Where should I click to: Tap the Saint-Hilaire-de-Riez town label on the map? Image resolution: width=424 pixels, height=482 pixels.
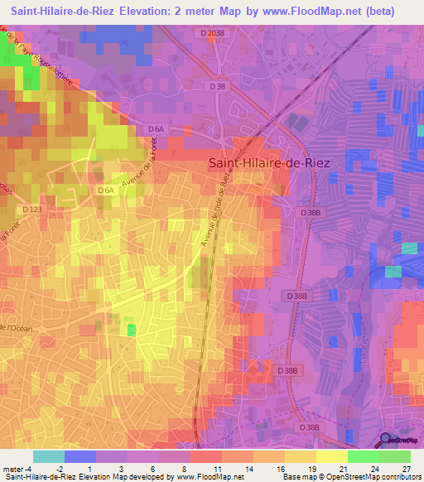267,164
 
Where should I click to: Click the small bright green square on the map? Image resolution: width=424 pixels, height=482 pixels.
131,330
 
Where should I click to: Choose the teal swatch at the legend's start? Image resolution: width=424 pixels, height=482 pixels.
49,456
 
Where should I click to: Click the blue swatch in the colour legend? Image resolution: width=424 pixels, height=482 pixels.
80,456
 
